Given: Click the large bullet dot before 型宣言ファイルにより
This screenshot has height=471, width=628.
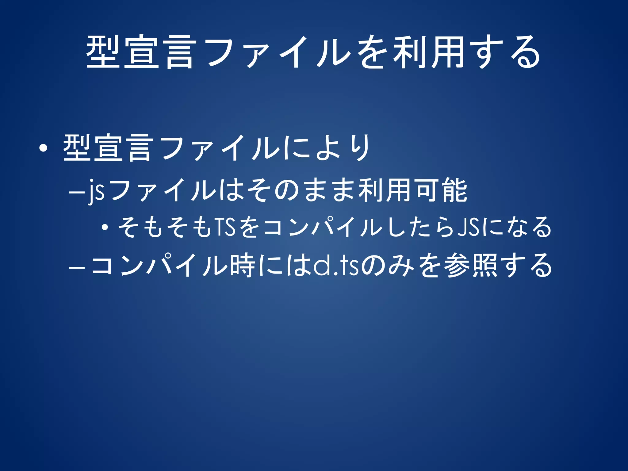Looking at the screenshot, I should [x=43, y=149].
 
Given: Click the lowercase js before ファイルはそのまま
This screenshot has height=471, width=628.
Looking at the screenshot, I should [x=96, y=192].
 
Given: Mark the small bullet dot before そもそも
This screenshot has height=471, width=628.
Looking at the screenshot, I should [x=105, y=228].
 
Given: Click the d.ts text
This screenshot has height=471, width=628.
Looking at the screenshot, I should [x=336, y=266].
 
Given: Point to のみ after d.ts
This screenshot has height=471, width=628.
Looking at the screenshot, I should [x=388, y=266].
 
